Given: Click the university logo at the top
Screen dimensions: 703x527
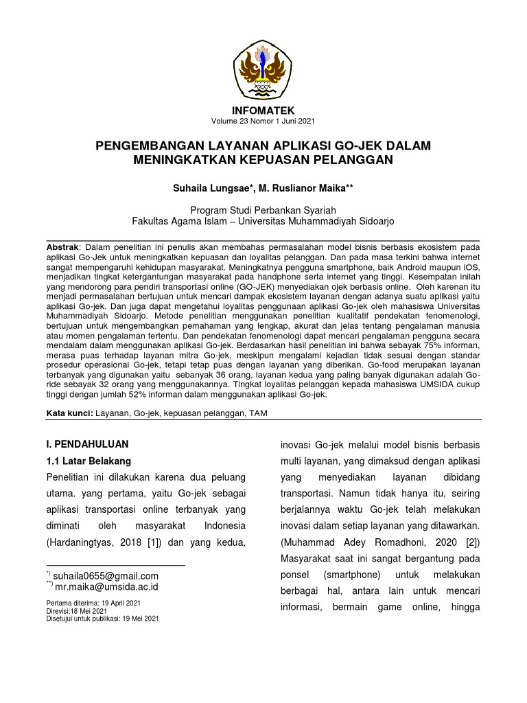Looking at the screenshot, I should point(263,65).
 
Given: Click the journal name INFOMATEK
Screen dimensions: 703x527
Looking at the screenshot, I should point(263,111).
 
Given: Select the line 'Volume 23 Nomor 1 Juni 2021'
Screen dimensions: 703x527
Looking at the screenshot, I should point(263,122).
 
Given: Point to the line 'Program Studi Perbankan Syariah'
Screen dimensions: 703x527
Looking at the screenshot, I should point(263,209).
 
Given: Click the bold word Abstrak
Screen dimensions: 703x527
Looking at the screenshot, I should point(63,246).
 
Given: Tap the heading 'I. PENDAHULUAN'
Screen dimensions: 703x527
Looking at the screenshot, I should point(87,444).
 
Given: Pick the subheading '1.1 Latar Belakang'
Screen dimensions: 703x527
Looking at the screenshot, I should point(89,461).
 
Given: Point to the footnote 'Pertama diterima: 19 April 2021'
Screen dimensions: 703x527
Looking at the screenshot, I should point(93,603).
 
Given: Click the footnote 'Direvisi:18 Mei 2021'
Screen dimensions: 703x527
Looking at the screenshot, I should point(76,610).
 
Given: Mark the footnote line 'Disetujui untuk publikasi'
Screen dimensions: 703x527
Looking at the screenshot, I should point(102,618).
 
